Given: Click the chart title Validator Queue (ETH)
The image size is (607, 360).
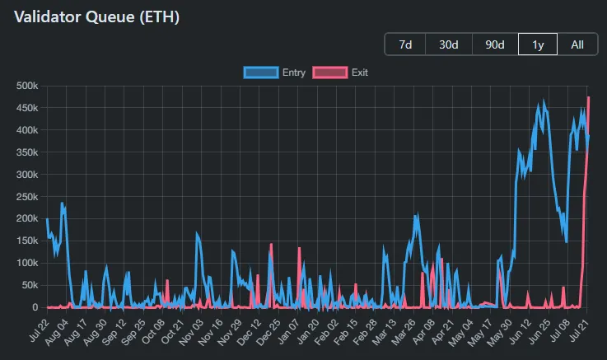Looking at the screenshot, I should pos(97,16).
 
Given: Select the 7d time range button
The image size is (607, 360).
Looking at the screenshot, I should pos(405,44).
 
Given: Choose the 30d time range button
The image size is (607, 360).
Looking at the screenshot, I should pos(449,44).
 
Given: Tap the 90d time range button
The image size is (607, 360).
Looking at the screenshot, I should pos(495,44).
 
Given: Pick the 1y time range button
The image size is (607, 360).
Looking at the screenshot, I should pos(538,44).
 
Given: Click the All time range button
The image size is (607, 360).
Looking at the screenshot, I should pos(577,44).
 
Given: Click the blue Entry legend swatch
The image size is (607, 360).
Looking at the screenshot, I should pos(261,72).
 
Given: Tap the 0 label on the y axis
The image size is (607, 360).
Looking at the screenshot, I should pos(35,307).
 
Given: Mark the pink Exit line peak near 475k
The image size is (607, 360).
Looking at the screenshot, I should pos(588,97).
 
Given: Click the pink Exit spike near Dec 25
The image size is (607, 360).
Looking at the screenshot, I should pos(271,245).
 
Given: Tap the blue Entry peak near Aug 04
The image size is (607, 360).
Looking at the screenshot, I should pos(62,203).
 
